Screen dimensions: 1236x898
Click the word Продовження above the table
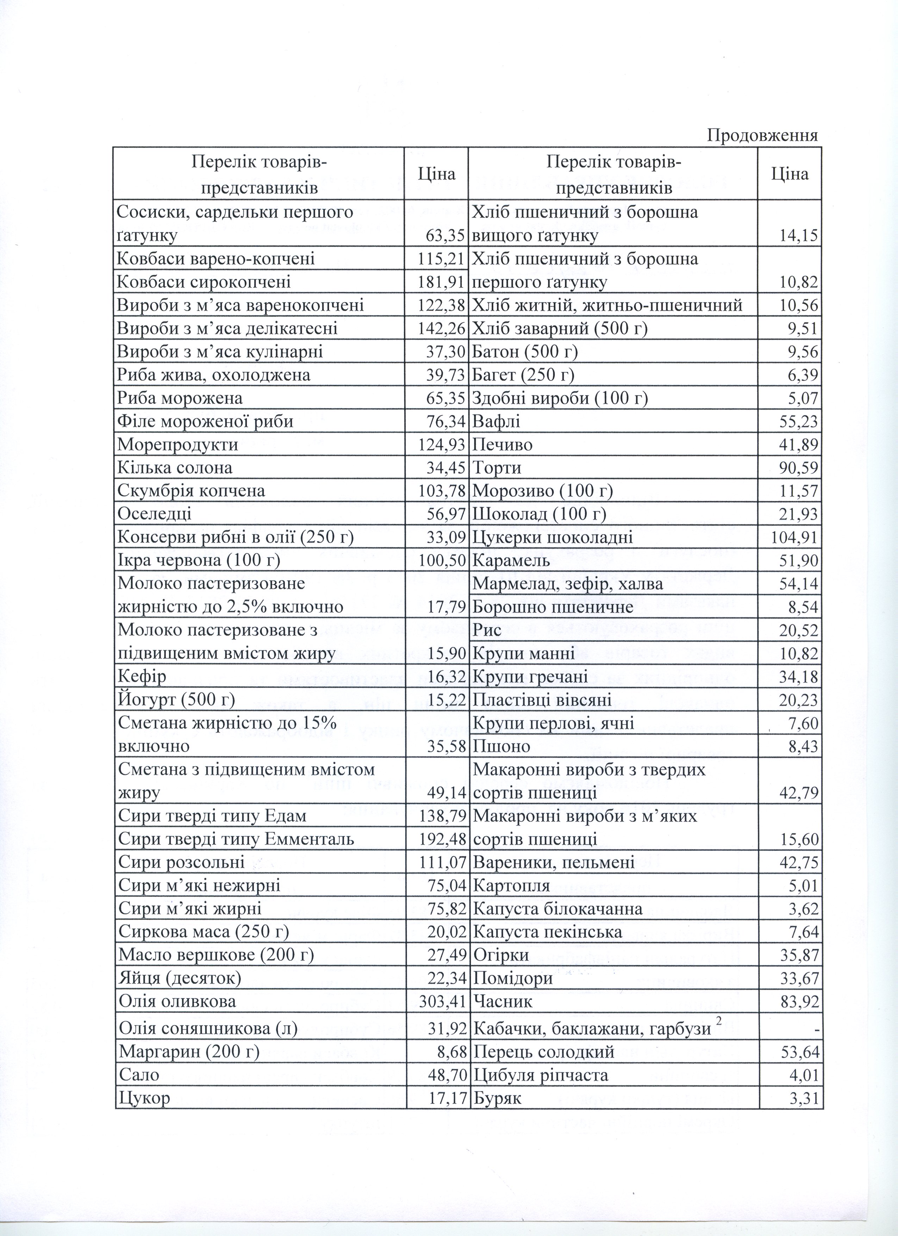click(x=762, y=135)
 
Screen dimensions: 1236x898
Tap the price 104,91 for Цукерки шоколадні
click(x=794, y=538)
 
